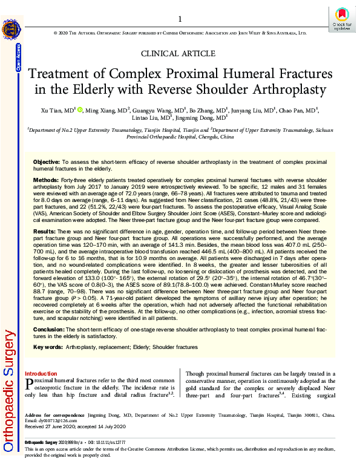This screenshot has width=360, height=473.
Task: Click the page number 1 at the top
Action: click(x=180, y=19)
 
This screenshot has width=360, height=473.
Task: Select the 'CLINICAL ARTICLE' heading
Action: click(x=180, y=53)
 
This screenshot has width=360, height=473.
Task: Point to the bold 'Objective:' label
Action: click(x=46, y=163)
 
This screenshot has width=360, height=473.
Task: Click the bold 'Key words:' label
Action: click(x=47, y=347)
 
